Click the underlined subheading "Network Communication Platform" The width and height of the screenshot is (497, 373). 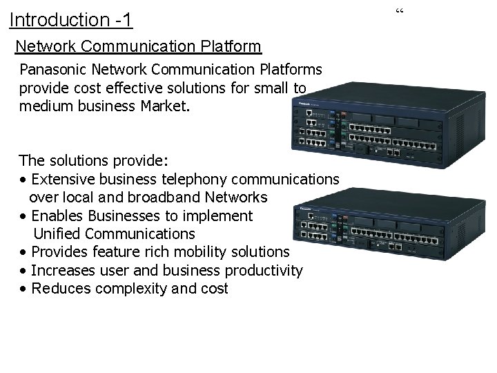[138, 46]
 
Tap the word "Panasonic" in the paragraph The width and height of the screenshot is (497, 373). [51, 70]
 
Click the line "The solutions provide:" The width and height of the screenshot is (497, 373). [92, 160]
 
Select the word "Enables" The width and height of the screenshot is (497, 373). [57, 216]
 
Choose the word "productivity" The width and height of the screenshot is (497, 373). [256, 270]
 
